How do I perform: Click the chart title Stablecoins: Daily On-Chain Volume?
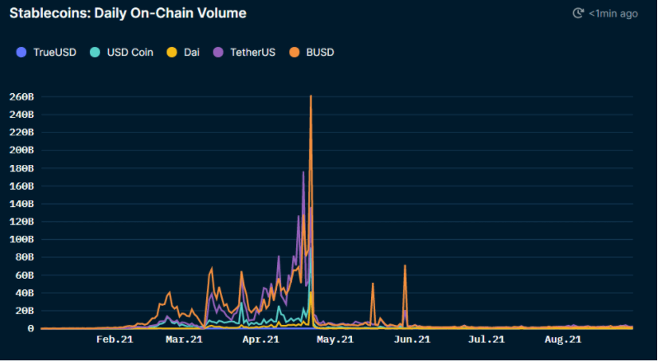[128, 14]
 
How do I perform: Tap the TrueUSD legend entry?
[49, 52]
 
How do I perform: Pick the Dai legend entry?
[190, 52]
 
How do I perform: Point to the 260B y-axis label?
[20, 96]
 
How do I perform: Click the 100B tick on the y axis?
[20, 240]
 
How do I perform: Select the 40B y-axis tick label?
[22, 294]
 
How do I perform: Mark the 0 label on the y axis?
[31, 329]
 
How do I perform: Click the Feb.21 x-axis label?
[115, 339]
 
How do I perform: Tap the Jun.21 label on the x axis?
[411, 339]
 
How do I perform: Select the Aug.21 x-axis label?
[562, 339]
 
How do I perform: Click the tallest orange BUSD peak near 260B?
[310, 97]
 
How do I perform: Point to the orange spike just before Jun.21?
[405, 266]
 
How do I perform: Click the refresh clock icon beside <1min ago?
[578, 14]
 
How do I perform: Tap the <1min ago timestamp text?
[614, 14]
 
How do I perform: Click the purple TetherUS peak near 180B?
[303, 172]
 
